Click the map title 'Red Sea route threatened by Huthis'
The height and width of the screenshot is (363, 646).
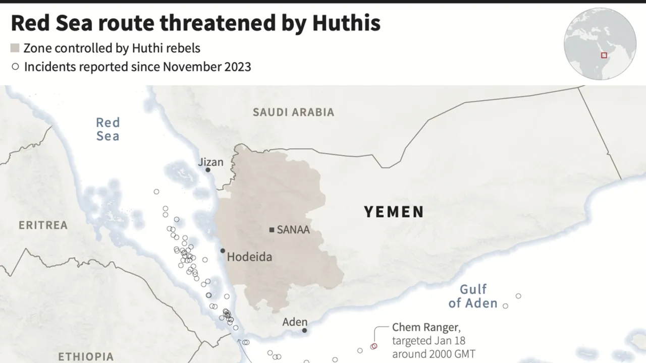click(x=195, y=23)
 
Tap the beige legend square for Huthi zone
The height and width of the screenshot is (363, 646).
click(x=15, y=48)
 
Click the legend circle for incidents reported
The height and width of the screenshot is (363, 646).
click(x=15, y=66)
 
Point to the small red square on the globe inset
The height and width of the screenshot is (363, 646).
click(x=604, y=55)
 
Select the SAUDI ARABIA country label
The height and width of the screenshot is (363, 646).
click(x=293, y=112)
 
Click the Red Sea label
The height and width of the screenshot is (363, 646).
click(x=107, y=129)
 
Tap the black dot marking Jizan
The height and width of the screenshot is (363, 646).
click(x=207, y=170)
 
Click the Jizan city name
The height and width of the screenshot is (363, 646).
click(x=210, y=162)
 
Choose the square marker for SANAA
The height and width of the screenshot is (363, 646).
click(x=272, y=230)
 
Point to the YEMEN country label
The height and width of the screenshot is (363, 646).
click(x=394, y=212)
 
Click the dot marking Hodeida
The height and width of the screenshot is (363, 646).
click(x=223, y=251)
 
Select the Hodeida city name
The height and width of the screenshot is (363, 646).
click(x=249, y=257)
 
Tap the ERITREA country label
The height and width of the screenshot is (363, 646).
click(x=43, y=225)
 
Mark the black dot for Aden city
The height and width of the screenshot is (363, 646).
click(x=304, y=330)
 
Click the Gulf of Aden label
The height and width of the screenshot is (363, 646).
click(x=473, y=296)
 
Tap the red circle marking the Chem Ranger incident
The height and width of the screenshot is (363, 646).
click(x=374, y=346)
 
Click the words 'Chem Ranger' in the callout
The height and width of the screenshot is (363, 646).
click(x=425, y=327)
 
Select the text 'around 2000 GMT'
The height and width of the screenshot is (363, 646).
click(x=433, y=354)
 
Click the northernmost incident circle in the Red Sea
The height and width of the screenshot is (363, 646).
click(x=156, y=192)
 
